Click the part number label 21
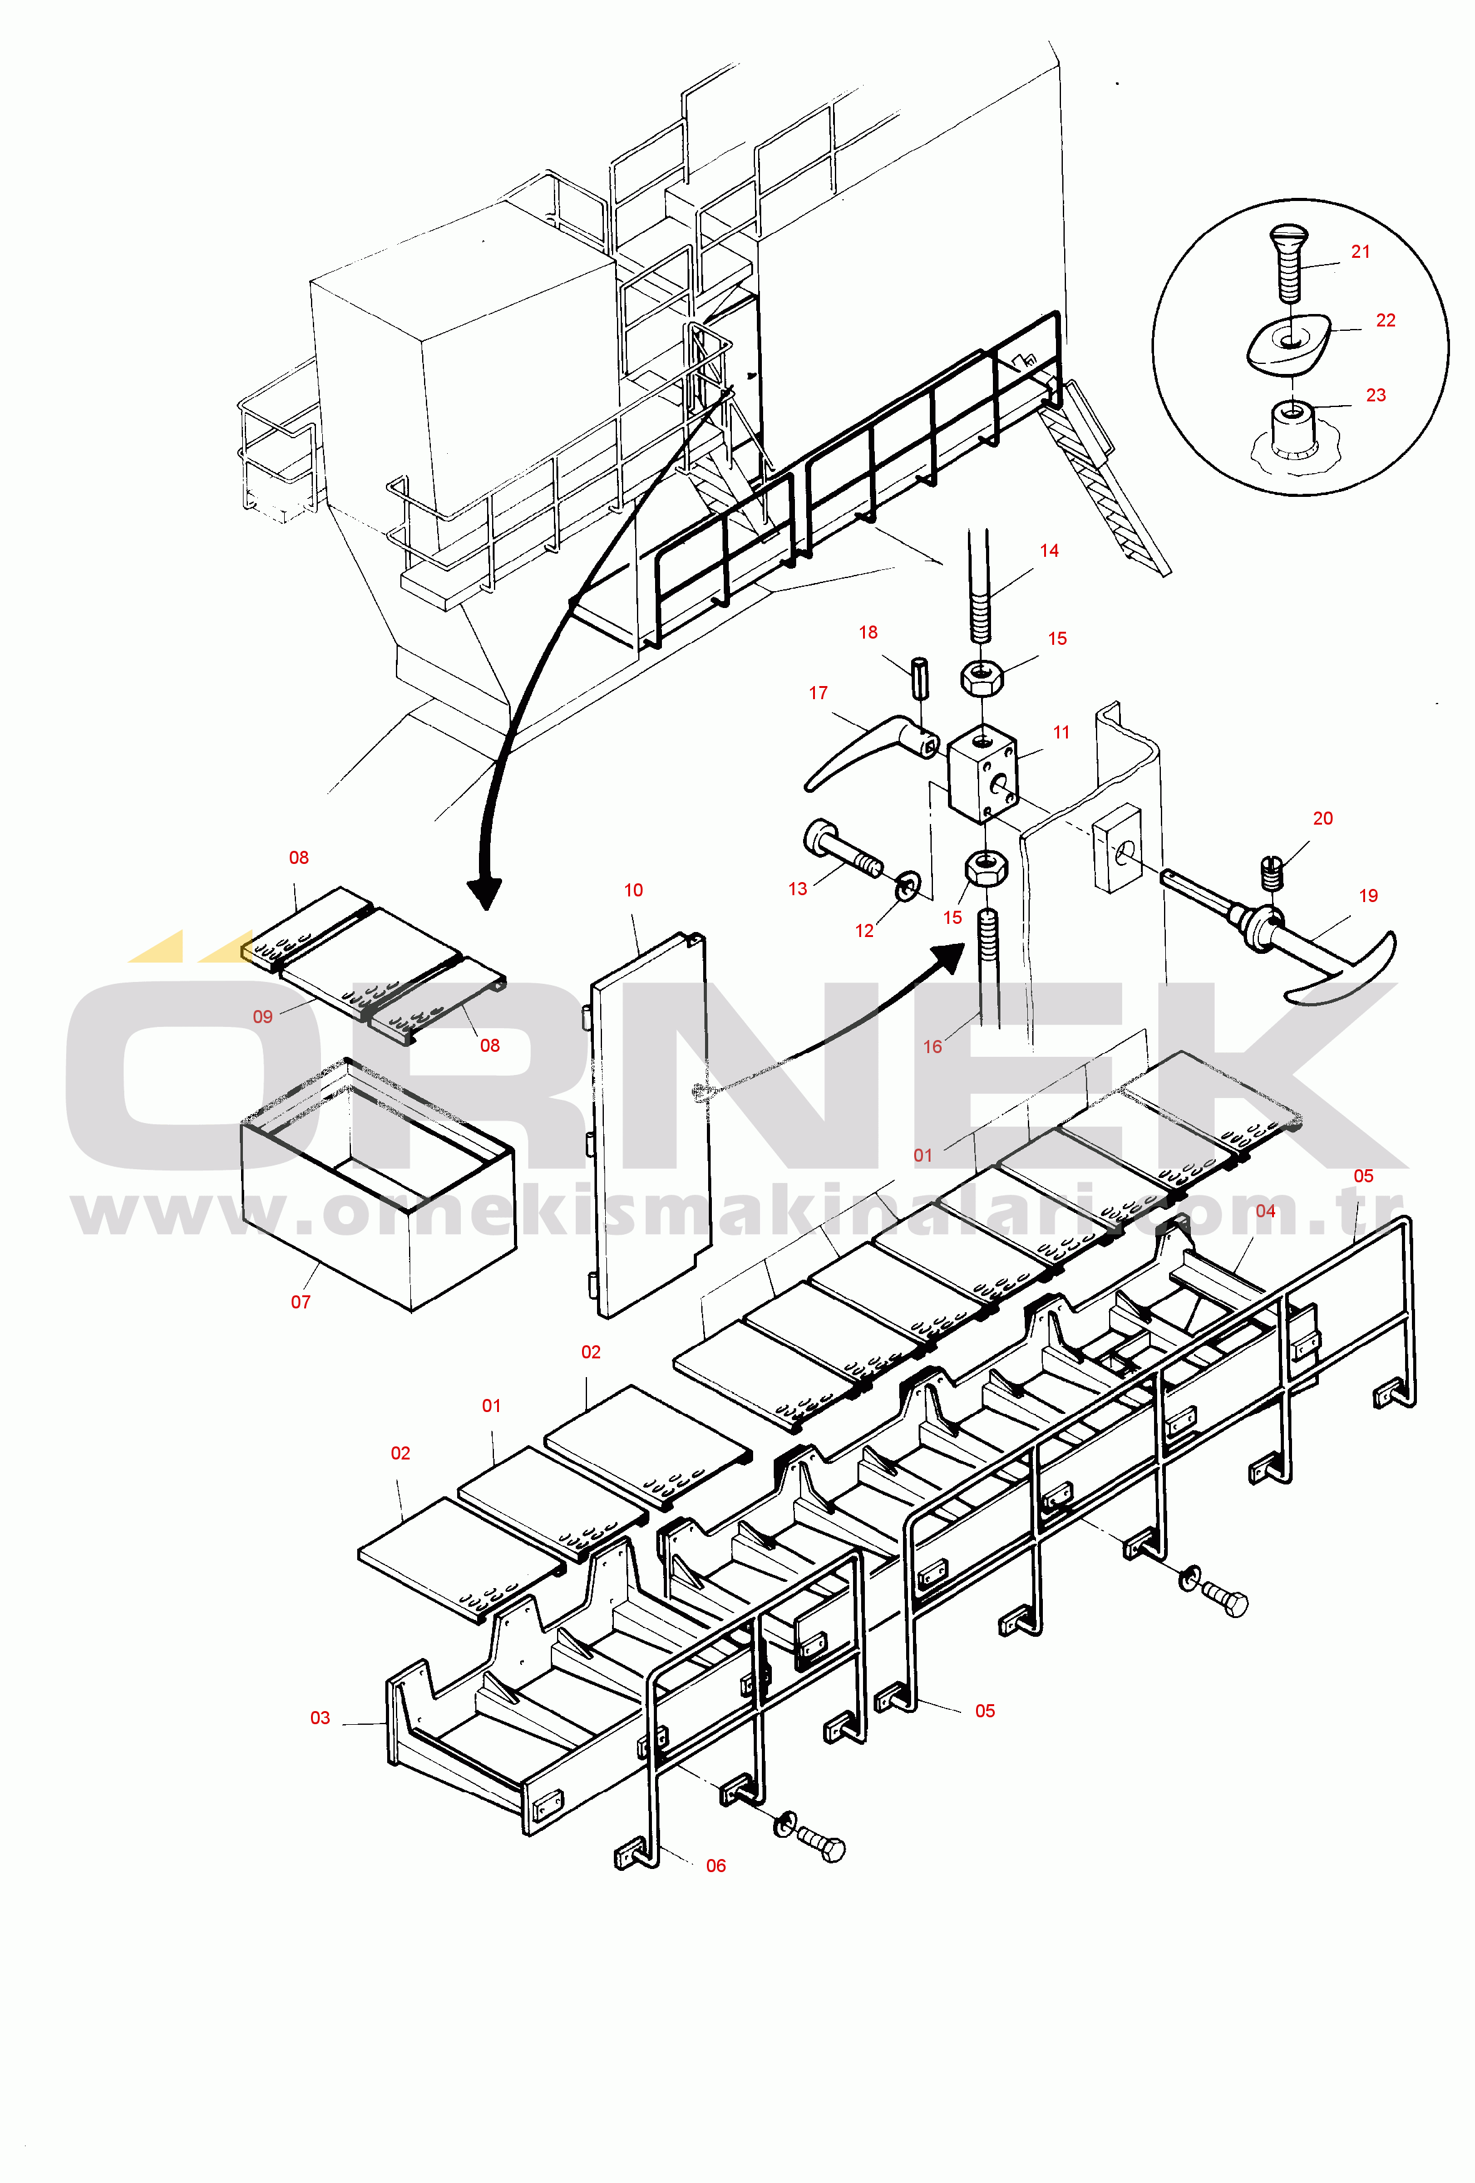click(x=1360, y=252)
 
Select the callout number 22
click(x=1386, y=320)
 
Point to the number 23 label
click(x=1376, y=395)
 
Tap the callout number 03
click(x=320, y=1718)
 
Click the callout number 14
click(x=1049, y=551)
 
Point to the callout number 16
click(x=932, y=1046)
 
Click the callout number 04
click(x=1266, y=1212)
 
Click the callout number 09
click(x=263, y=1016)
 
